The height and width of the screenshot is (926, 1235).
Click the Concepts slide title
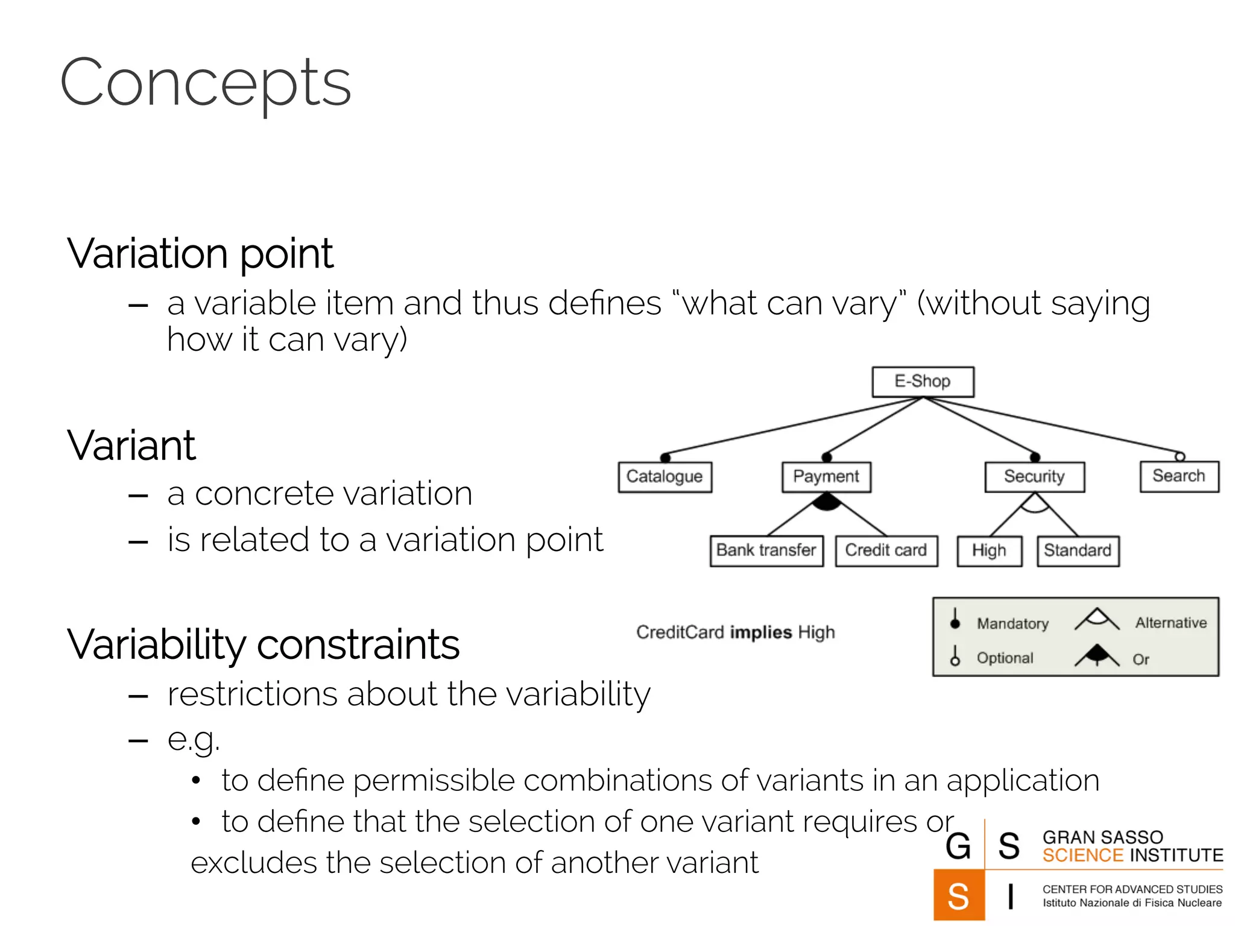205,83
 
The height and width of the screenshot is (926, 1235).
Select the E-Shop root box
923,382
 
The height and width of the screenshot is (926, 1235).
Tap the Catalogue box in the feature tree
665,477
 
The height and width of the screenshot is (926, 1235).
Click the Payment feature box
826,477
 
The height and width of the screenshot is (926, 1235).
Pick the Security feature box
1034,477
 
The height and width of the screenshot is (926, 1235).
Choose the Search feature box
1179,476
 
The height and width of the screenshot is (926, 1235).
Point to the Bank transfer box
766,550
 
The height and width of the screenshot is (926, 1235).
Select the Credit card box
886,550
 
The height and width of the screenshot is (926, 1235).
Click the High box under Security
989,551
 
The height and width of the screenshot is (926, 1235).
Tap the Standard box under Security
1078,551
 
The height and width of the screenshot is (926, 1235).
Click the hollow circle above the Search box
1180,456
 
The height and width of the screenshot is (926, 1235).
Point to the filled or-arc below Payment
827,502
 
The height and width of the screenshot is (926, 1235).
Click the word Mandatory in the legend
1012,623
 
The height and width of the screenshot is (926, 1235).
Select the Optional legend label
1005,658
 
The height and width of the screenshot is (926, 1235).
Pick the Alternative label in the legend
1171,623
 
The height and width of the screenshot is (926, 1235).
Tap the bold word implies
760,632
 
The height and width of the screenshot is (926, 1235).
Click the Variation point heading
200,254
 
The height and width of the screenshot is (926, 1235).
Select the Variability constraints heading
263,644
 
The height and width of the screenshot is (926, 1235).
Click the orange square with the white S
959,895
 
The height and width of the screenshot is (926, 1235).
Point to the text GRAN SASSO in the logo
1102,837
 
